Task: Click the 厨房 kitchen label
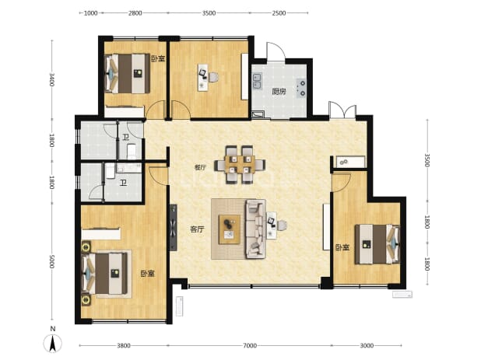click(x=279, y=92)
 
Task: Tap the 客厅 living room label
click(x=197, y=229)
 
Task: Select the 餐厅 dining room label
click(x=200, y=168)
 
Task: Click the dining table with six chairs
click(x=240, y=165)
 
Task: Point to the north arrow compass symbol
click(x=53, y=343)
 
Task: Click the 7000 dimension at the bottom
click(x=250, y=345)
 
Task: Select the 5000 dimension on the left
click(x=51, y=262)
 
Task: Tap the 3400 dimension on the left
click(x=51, y=79)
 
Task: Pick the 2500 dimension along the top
click(x=279, y=13)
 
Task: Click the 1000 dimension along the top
click(x=90, y=13)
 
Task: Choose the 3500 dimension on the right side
click(x=427, y=159)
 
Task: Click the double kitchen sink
click(x=257, y=81)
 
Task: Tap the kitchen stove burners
click(x=301, y=88)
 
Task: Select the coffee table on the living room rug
click(x=230, y=229)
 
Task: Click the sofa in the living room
click(x=255, y=229)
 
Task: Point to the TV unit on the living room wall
click(x=174, y=228)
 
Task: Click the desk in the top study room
click(x=203, y=77)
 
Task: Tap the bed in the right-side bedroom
click(x=377, y=244)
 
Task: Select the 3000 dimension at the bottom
click(x=367, y=345)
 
